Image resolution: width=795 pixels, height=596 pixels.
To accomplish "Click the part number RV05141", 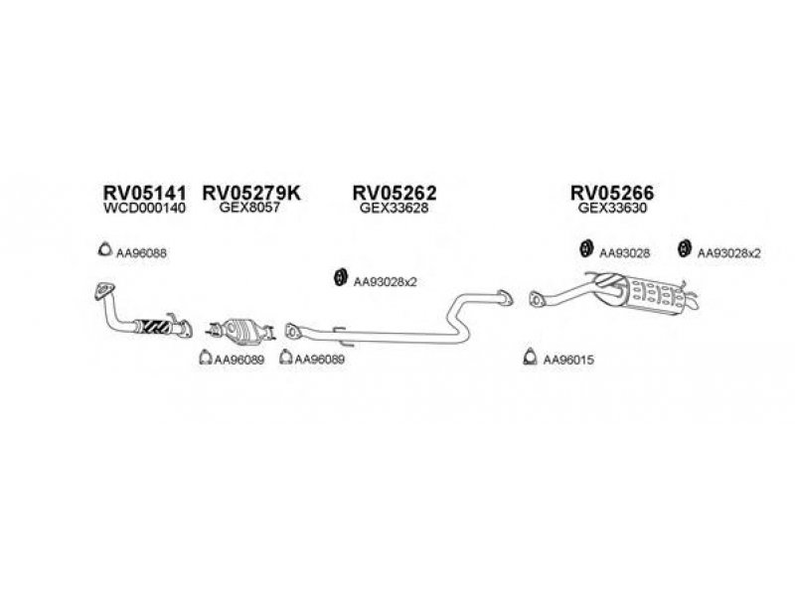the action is tap(144, 193).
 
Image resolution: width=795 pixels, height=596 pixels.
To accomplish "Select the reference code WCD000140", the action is tap(144, 209).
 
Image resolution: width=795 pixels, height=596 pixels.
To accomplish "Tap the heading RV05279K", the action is tap(251, 193).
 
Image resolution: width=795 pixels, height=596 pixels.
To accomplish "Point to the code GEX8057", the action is tap(249, 208).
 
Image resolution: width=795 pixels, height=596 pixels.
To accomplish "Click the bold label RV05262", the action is tap(395, 193).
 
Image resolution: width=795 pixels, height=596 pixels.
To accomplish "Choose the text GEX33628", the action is tap(394, 208).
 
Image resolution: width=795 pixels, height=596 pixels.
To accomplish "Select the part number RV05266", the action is tap(612, 193).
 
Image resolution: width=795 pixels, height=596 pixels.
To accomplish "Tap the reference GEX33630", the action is tap(612, 208).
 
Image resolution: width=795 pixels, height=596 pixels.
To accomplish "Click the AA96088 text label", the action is tap(141, 253).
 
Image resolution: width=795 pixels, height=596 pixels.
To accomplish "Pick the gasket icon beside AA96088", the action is tap(105, 249).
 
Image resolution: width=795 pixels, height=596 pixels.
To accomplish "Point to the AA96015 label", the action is tap(568, 360).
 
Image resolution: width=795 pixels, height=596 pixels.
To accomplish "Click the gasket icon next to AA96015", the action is tap(530, 358).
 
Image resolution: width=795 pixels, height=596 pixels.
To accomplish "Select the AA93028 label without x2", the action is tap(625, 253).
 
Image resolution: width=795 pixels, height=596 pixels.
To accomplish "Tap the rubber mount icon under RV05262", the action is tap(340, 277).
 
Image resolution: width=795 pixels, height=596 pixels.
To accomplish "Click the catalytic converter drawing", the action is tap(240, 331).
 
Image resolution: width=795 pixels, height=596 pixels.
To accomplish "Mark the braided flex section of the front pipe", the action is tap(152, 327).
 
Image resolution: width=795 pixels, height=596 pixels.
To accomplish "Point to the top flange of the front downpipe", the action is tap(104, 290).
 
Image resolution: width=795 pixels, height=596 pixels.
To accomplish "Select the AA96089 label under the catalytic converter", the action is tap(239, 360).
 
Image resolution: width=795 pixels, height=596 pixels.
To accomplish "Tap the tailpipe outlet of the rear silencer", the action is tap(692, 302).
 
